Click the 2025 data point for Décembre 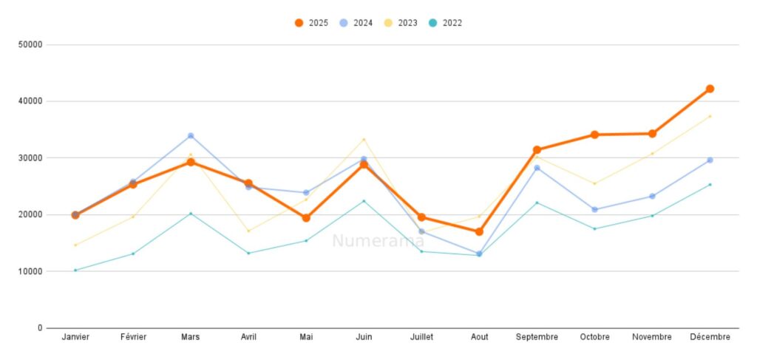coord(710,89)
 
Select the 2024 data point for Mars coord(191,136)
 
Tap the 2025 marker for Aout coord(479,231)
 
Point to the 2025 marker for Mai coord(306,218)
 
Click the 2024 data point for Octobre coord(594,209)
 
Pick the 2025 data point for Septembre coord(537,150)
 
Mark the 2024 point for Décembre coord(710,160)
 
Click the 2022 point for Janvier coord(75,270)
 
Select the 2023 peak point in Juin coord(364,140)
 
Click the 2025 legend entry coord(311,23)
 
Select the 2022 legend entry coord(445,23)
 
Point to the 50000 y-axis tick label coord(30,44)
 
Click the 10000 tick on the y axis coord(30,271)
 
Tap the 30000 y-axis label coord(30,158)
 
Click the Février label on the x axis coord(133,337)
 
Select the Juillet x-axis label coord(421,337)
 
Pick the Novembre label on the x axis coord(652,337)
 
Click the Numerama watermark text coord(378,241)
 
